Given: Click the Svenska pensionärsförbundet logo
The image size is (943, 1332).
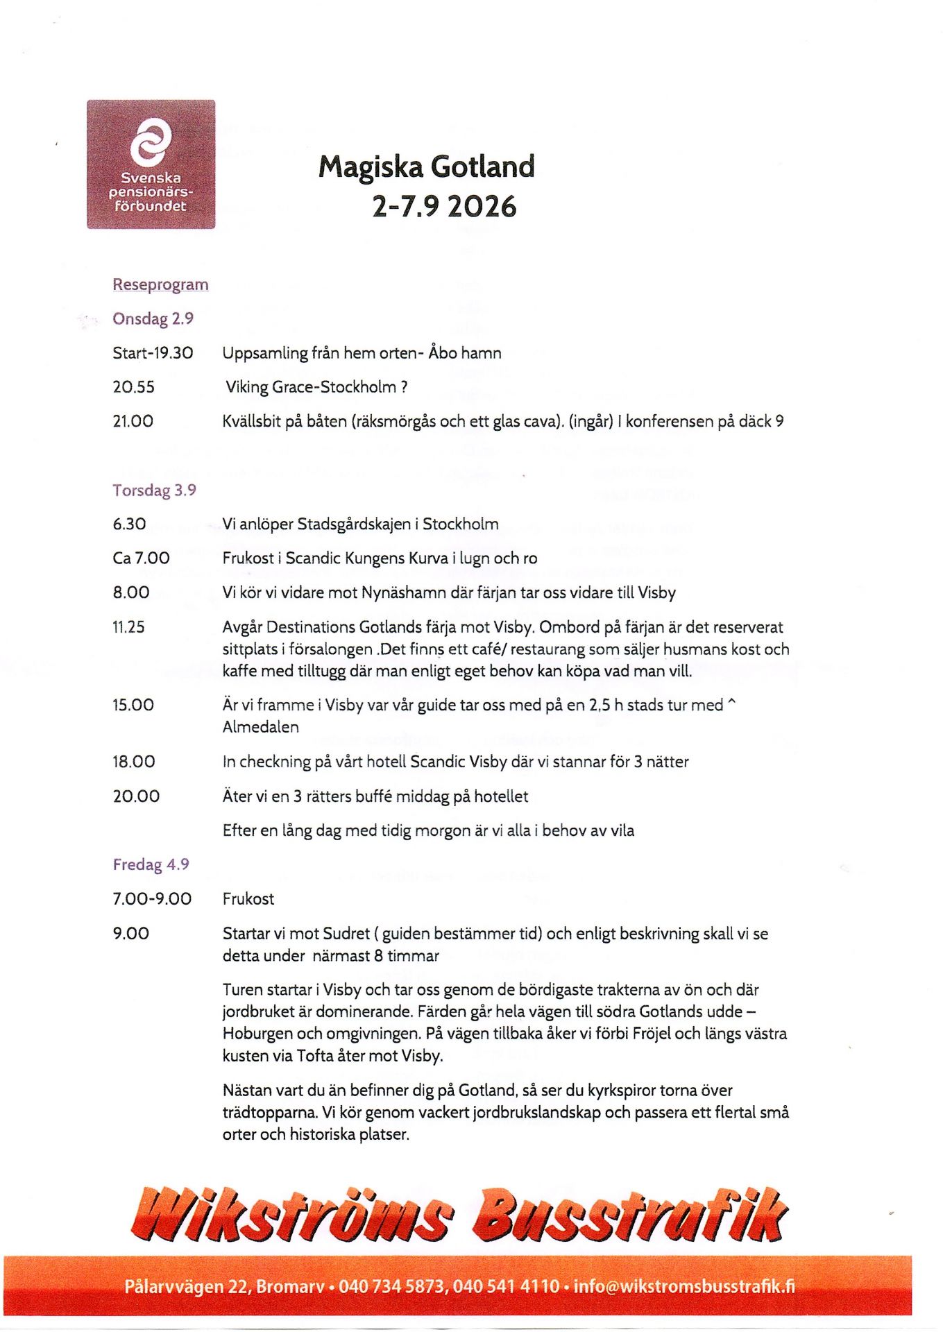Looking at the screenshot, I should click(x=151, y=164).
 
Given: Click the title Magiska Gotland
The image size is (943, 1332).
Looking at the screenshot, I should click(x=426, y=167).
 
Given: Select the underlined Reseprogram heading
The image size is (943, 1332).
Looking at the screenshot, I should click(x=160, y=284).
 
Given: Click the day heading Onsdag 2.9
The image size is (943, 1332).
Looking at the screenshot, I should click(x=153, y=318).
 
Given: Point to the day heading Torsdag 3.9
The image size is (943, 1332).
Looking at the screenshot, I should click(x=154, y=490).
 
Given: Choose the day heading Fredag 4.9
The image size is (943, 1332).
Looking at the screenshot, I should click(x=151, y=864).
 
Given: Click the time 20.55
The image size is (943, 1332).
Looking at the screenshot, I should click(x=133, y=387).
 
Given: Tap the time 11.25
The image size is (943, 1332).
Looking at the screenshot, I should click(x=128, y=627).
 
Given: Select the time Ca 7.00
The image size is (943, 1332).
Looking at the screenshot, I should click(x=141, y=558).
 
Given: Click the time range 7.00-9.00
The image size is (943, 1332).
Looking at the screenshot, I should click(x=152, y=899).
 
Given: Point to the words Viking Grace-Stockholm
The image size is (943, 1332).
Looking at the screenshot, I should click(x=311, y=387).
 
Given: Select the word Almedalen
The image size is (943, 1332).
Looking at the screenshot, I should click(x=260, y=727).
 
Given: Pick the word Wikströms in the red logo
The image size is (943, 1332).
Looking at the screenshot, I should click(x=291, y=1216).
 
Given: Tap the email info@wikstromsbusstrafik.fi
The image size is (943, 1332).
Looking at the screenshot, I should click(x=684, y=1287).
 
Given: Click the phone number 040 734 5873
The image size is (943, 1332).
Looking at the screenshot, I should click(x=392, y=1287).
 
